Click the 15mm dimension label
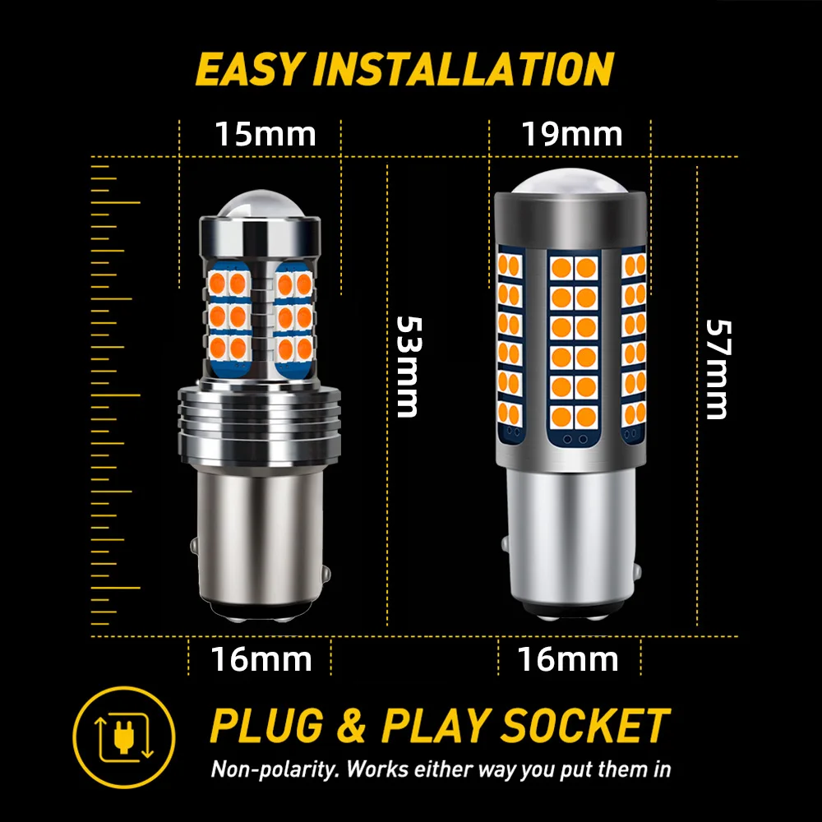tap(266, 134)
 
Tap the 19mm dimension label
tap(571, 134)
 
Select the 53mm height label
tap(409, 367)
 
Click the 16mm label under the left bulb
tap(261, 659)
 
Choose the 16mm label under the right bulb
tap(568, 659)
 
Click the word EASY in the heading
tap(250, 69)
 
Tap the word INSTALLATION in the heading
tap(464, 69)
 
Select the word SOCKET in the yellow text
tap(585, 726)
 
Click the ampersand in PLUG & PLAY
tap(351, 726)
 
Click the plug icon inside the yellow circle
tap(124, 737)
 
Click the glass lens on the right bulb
tap(570, 181)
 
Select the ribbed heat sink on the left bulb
tap(260, 425)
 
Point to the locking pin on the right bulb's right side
tap(638, 570)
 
